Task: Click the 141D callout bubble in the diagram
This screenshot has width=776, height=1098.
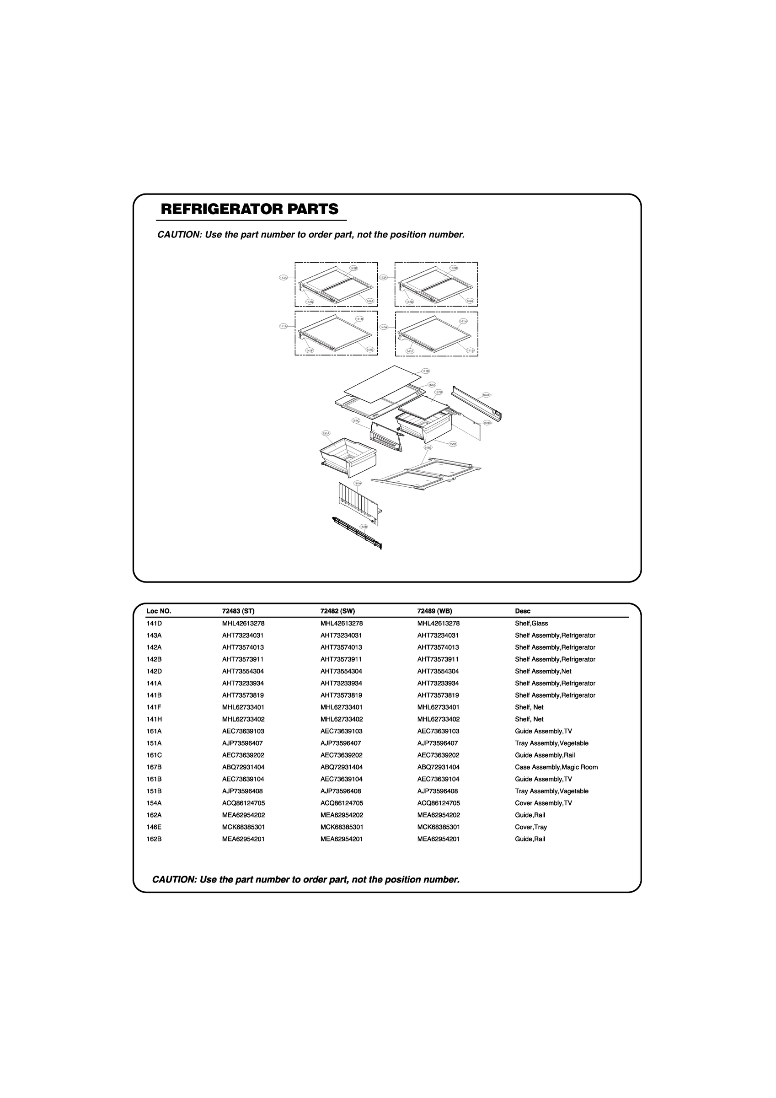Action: coord(426,371)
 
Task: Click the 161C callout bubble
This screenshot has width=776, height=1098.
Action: coord(356,420)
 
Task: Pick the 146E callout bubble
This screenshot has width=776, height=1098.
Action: coord(428,447)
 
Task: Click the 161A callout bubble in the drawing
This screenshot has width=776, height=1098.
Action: coord(358,484)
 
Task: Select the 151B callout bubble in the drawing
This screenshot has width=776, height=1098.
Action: coord(452,444)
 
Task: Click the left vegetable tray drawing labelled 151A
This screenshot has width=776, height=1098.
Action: coord(348,457)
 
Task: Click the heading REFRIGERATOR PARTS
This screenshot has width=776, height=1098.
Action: coord(250,210)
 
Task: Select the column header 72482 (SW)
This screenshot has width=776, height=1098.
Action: coord(337,611)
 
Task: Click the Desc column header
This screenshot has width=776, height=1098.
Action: coord(523,611)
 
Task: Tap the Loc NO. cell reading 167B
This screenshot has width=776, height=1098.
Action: coord(154,767)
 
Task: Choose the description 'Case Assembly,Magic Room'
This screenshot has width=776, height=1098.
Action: coord(556,767)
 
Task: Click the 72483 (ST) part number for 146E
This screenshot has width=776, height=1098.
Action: coord(243,827)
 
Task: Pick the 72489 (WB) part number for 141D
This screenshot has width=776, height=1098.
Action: coord(439,624)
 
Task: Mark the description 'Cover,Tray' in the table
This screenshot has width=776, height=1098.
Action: coord(531,827)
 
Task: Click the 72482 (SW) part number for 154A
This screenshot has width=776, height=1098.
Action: coord(342,803)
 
